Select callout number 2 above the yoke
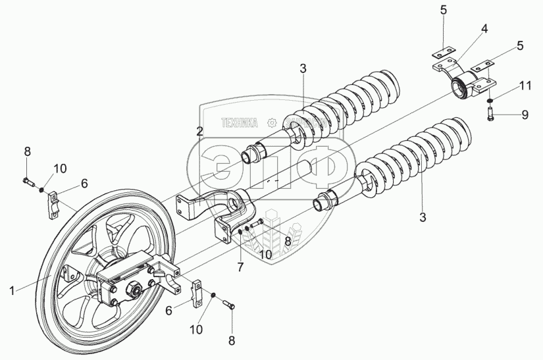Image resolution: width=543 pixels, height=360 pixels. [x=199, y=132]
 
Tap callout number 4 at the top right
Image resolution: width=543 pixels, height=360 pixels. [x=484, y=30]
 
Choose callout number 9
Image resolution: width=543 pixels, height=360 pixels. [x=525, y=115]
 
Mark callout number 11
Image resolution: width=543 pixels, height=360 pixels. [x=525, y=86]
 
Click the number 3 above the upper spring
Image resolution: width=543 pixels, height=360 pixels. [x=302, y=68]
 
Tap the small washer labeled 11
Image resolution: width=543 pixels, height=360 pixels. [x=492, y=101]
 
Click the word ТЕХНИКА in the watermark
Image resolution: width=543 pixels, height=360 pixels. [x=240, y=122]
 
